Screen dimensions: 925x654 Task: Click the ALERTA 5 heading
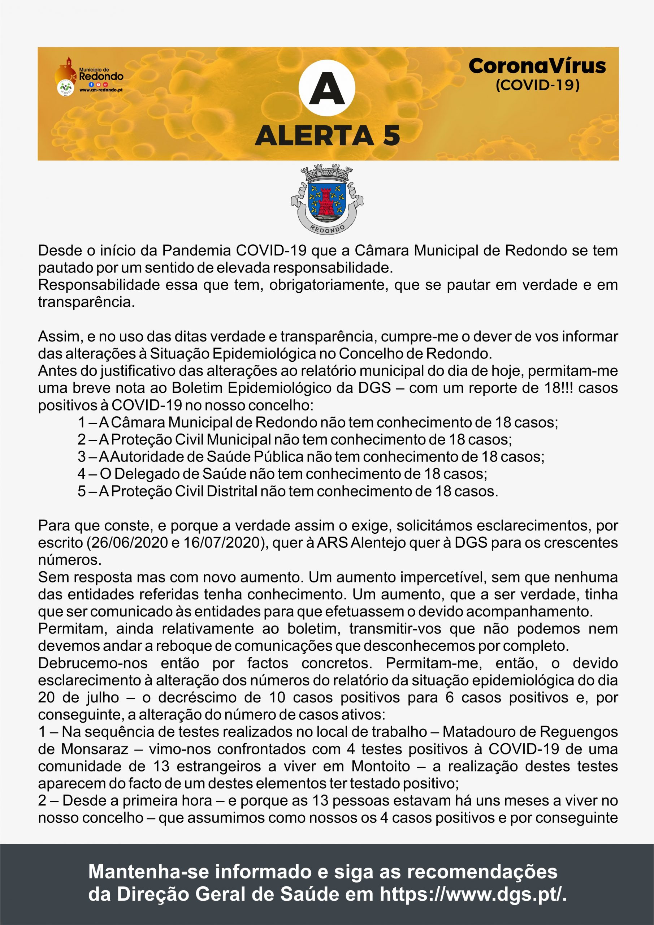pos(328,135)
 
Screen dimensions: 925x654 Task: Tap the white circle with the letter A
pos(327,88)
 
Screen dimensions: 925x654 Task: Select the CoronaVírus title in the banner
pos(537,66)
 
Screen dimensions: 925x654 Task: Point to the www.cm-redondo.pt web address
pos(101,90)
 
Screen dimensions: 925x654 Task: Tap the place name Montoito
pos(381,766)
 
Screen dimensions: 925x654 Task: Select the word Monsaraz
pos(95,749)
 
